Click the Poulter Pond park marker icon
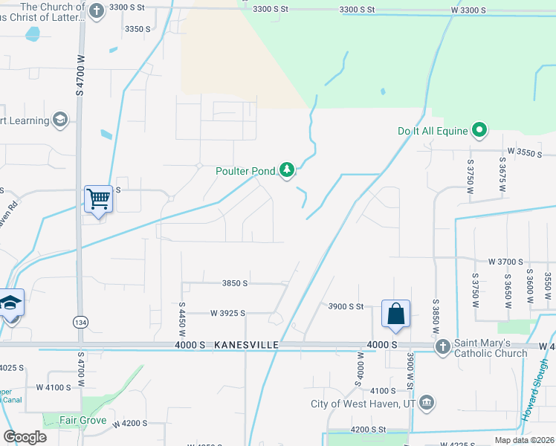point(287,171)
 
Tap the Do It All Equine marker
point(480,132)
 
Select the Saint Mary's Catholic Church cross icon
point(442,346)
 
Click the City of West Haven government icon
point(427,404)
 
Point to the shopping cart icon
point(98,198)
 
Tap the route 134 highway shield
point(80,322)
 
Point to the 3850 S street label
point(234,283)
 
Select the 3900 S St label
point(346,306)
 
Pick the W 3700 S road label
point(508,262)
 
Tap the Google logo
point(25,437)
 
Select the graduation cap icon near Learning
point(59,120)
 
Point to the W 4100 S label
point(54,387)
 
